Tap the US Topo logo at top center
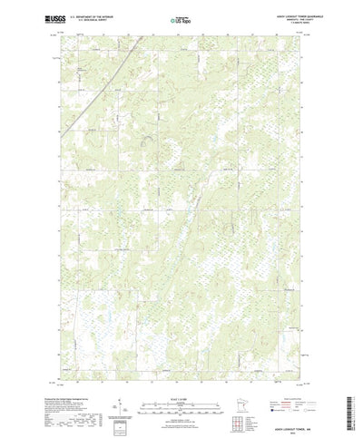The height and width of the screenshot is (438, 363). tap(181, 18)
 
